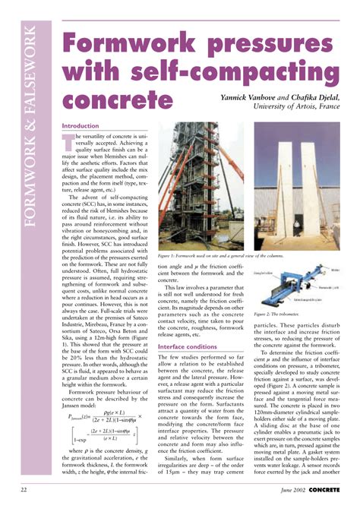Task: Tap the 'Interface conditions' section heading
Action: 187,325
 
